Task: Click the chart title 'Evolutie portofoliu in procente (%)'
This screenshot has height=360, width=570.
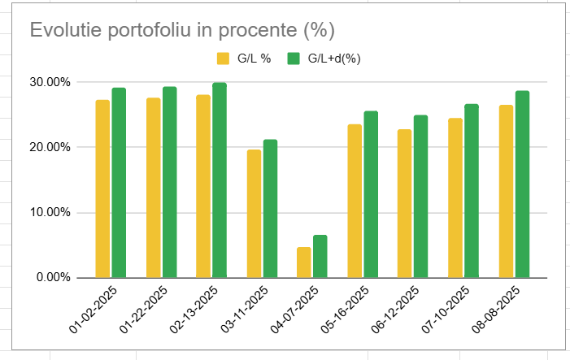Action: click(182, 30)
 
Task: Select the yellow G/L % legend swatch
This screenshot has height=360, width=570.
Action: click(222, 59)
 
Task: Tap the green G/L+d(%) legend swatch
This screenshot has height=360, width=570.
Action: click(294, 59)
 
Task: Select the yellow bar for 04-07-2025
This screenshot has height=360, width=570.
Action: click(303, 262)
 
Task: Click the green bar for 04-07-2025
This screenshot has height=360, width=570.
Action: click(320, 256)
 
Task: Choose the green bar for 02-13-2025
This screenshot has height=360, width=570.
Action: click(220, 180)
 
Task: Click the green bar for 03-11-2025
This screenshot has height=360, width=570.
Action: click(270, 208)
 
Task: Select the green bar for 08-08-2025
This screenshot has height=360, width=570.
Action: click(522, 184)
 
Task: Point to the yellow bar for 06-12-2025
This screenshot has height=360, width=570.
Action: click(404, 203)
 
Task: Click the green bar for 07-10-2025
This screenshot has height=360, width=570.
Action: click(472, 190)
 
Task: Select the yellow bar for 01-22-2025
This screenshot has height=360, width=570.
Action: click(153, 188)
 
